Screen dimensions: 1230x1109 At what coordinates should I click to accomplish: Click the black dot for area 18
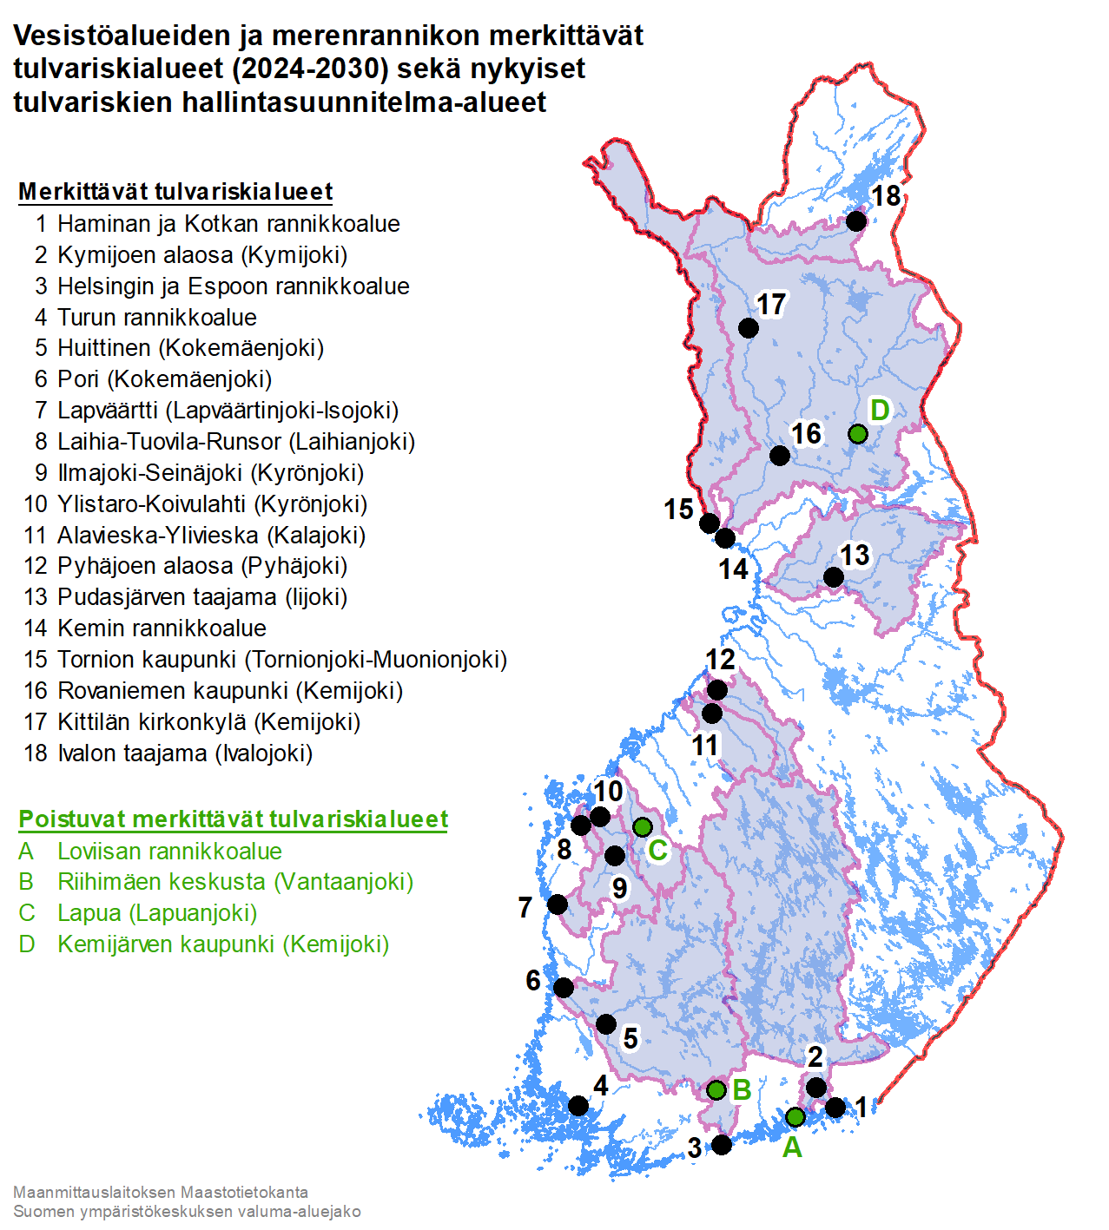click(x=856, y=220)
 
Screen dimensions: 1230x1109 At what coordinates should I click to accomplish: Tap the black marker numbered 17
click(x=749, y=327)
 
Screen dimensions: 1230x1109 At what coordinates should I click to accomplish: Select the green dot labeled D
click(x=858, y=433)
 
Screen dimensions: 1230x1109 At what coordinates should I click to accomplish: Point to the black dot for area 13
click(x=833, y=576)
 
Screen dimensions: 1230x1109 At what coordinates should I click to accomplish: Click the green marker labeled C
click(x=643, y=826)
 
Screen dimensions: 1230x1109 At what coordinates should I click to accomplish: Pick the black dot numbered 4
click(x=578, y=1105)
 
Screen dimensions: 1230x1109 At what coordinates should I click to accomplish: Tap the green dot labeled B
click(x=716, y=1089)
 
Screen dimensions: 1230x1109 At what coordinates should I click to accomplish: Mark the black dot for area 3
click(x=722, y=1144)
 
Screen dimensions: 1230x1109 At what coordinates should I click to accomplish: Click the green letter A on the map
click(x=792, y=1148)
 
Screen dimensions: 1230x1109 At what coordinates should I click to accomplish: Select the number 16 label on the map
click(x=806, y=433)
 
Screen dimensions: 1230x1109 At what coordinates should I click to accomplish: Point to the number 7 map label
click(x=525, y=907)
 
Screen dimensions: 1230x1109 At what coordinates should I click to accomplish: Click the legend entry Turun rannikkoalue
click(x=156, y=317)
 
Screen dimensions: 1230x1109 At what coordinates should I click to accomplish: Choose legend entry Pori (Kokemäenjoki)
click(x=164, y=379)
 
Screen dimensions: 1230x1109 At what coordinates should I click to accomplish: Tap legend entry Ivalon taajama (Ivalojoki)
click(x=184, y=753)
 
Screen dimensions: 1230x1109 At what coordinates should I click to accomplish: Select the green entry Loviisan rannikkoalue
click(x=169, y=852)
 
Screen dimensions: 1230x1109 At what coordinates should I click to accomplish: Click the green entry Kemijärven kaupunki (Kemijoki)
click(x=222, y=944)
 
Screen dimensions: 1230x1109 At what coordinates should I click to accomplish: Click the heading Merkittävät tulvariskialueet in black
click(x=175, y=192)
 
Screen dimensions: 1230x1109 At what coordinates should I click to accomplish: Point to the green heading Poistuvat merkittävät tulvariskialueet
click(x=233, y=819)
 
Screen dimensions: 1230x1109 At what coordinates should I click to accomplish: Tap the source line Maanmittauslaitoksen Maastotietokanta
click(x=161, y=1193)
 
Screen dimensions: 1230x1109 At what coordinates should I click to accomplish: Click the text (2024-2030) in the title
click(x=310, y=69)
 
